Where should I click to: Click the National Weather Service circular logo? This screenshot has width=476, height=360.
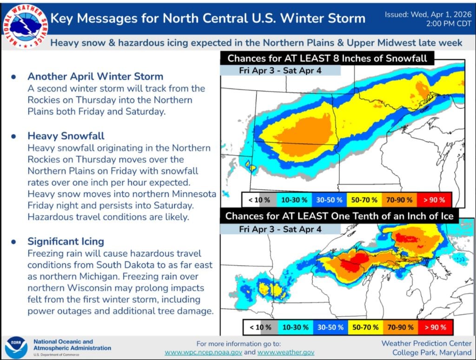click(x=23, y=23)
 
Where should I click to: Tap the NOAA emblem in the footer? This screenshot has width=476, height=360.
click(x=16, y=347)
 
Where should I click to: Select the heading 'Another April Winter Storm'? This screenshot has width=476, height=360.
click(x=95, y=76)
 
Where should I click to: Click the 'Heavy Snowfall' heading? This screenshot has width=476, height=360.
click(x=66, y=136)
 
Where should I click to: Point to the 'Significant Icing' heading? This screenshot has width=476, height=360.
click(x=66, y=241)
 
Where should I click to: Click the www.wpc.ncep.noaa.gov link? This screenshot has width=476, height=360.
click(x=203, y=353)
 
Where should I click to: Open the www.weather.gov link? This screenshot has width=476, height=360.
click(x=286, y=353)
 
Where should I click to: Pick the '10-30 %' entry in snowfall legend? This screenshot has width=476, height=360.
click(x=294, y=200)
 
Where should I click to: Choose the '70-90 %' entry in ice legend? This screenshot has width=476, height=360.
click(x=400, y=327)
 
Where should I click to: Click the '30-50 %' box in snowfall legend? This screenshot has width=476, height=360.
click(x=330, y=200)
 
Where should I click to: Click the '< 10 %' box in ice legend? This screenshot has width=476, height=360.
click(x=260, y=327)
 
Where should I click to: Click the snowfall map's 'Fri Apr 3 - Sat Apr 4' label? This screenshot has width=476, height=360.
click(x=280, y=71)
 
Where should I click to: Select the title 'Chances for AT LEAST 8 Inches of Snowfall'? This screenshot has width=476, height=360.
click(x=327, y=59)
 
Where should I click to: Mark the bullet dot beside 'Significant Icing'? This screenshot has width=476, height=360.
click(x=13, y=241)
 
